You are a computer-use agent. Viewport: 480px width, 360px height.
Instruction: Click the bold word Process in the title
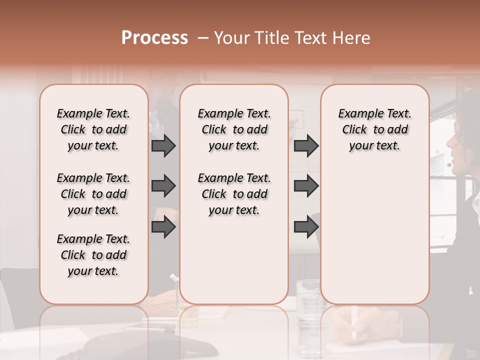[154, 38]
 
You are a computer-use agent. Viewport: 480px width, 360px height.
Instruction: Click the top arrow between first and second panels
[163, 146]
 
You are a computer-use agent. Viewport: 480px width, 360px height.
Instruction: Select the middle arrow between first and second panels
[163, 186]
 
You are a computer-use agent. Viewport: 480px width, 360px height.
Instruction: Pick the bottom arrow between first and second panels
[163, 227]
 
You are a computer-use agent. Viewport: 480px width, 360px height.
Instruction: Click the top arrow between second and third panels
[306, 146]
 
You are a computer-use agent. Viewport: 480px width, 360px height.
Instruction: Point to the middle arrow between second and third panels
[306, 186]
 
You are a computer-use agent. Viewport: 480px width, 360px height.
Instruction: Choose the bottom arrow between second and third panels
[306, 227]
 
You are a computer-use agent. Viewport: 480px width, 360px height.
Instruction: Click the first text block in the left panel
[93, 129]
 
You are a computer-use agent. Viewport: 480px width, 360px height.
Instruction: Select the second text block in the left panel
[93, 194]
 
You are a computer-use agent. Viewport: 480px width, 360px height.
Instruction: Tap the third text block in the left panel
[93, 255]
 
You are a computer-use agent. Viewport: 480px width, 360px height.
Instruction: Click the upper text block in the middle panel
[234, 129]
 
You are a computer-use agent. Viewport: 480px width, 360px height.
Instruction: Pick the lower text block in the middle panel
[234, 194]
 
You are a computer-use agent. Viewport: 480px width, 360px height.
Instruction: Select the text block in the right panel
[374, 129]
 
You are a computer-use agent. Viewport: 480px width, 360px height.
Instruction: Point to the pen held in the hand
[354, 322]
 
